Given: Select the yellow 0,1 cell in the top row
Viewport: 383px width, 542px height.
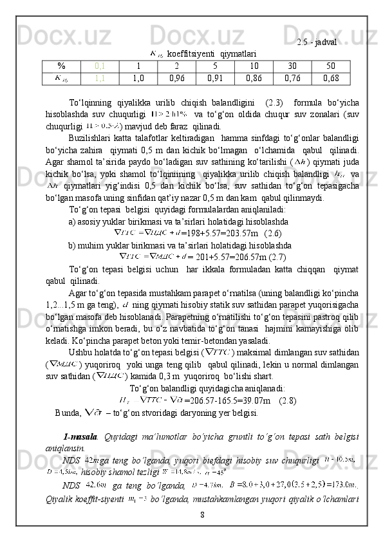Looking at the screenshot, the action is click(100, 66).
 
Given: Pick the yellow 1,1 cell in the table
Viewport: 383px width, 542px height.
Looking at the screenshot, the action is click(100, 79).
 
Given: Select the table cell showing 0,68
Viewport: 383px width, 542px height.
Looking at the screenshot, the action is click(331, 79).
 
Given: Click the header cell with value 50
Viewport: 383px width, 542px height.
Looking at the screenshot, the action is click(331, 66).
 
